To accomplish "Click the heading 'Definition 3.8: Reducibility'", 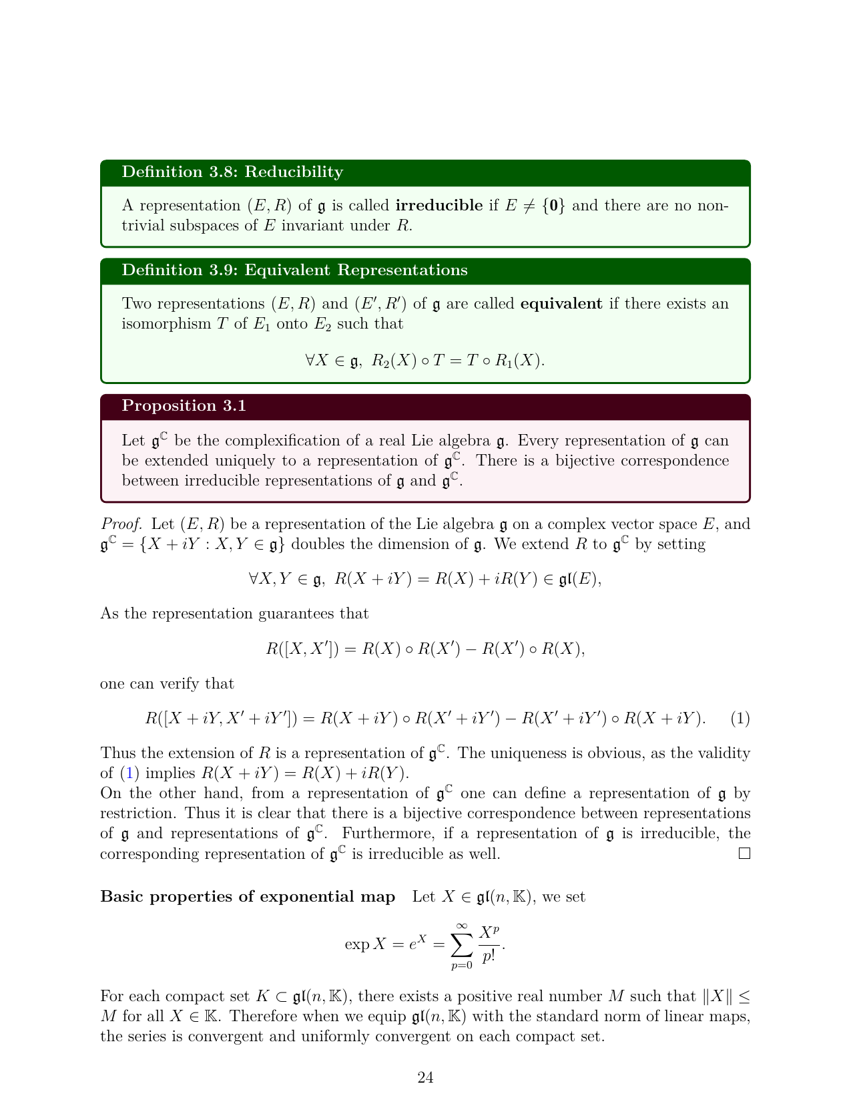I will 232,172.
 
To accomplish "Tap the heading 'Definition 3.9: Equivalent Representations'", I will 294,270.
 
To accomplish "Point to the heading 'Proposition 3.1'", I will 184,406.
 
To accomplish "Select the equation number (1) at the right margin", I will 740,719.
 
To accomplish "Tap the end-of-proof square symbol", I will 745,854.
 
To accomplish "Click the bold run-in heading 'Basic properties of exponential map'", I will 248,897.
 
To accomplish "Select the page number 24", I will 425,1077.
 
